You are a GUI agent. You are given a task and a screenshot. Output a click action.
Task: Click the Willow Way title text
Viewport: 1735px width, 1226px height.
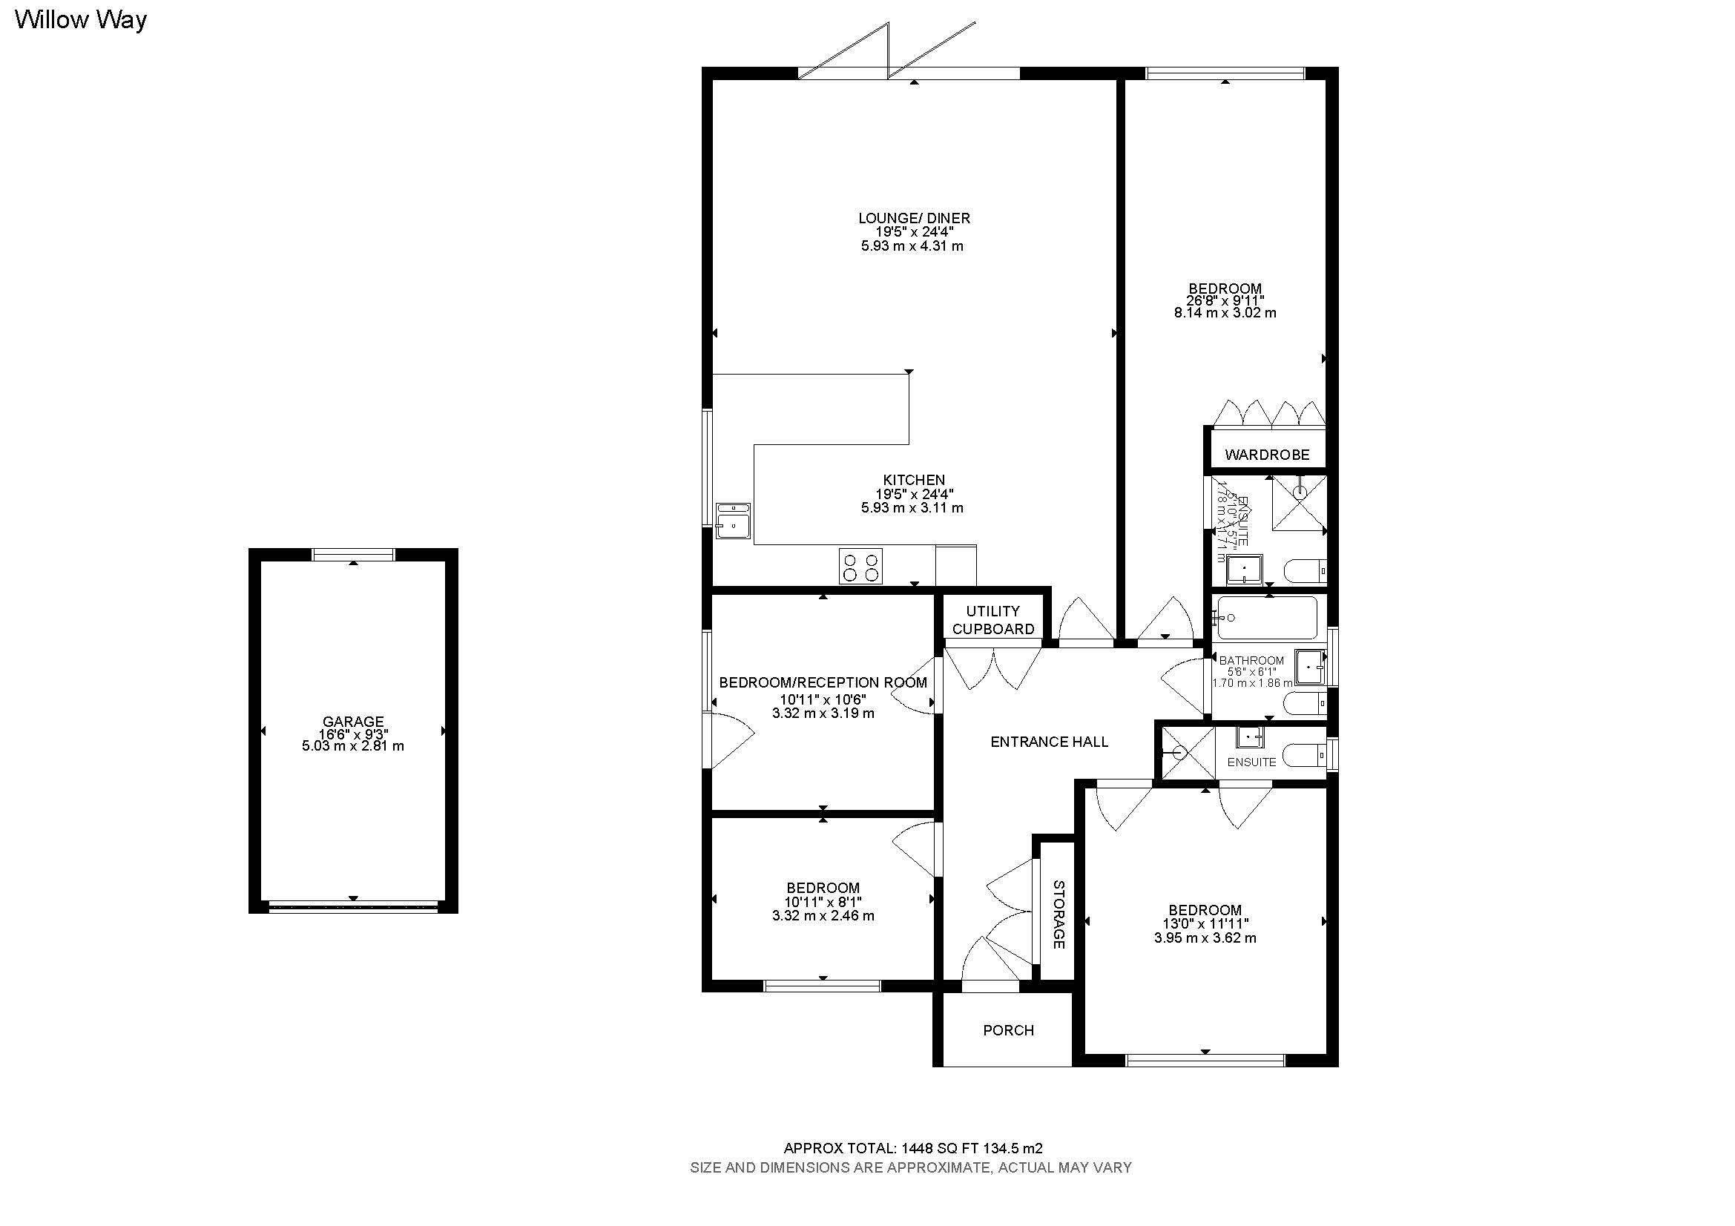(x=80, y=20)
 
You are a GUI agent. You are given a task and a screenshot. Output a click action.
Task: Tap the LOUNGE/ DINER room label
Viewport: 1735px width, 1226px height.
(x=914, y=218)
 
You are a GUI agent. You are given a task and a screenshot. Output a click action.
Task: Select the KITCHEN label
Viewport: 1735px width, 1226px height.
(x=914, y=480)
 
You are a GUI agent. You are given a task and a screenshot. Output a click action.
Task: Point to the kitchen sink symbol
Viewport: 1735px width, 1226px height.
(x=732, y=521)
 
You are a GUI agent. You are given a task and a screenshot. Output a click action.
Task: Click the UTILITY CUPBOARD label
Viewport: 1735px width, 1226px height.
(x=993, y=619)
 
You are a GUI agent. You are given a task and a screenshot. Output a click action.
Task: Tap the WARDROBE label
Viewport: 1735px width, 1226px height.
(x=1266, y=455)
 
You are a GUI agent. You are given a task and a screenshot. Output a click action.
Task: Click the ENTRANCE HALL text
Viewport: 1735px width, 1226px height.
(x=1049, y=742)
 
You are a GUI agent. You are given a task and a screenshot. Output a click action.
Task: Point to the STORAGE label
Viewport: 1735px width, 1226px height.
(x=1058, y=914)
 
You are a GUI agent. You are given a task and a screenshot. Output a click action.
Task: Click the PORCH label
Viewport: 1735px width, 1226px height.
(x=1008, y=1030)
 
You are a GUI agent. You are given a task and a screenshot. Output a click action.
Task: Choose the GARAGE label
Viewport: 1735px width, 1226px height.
(x=353, y=722)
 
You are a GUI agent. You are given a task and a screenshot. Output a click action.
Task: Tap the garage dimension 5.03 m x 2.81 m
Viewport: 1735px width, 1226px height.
(x=353, y=746)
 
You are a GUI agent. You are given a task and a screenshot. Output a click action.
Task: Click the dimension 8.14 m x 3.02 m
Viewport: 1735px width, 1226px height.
(x=1225, y=313)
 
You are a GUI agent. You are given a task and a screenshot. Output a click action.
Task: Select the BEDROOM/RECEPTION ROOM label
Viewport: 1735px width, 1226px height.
(x=823, y=683)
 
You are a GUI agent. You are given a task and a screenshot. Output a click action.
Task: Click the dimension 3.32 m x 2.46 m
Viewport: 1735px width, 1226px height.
(x=823, y=915)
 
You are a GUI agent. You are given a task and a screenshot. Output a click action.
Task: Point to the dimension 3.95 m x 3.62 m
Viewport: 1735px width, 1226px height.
(x=1205, y=938)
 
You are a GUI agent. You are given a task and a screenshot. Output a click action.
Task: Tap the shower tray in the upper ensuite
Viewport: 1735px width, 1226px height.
(x=1298, y=502)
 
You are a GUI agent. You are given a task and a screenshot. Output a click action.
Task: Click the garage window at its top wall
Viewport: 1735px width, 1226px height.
(x=353, y=555)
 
